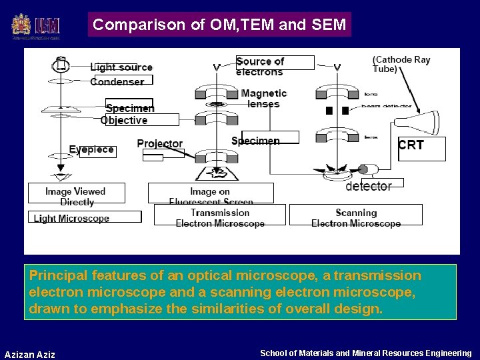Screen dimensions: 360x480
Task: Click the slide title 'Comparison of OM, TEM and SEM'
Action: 219,25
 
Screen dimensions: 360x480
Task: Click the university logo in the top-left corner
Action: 36,26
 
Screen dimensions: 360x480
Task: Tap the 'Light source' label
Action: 121,67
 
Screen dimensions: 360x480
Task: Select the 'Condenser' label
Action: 117,81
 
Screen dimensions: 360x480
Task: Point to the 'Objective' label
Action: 124,120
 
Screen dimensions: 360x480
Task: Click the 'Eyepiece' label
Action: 91,150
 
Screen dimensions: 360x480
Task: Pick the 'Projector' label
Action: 159,144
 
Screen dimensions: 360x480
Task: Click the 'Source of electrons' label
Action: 260,66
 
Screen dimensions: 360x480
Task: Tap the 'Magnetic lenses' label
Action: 263,99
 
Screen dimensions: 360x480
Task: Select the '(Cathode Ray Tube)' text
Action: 401,64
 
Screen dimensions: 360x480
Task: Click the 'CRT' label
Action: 411,145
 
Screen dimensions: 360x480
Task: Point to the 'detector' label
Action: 369,187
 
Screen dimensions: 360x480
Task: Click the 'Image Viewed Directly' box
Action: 76,196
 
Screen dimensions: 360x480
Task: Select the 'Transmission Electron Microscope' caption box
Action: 220,217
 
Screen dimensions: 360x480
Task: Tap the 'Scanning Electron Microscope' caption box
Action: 356,217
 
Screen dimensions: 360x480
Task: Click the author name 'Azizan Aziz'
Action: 30,354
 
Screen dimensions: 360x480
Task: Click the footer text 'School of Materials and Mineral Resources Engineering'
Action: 365,353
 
